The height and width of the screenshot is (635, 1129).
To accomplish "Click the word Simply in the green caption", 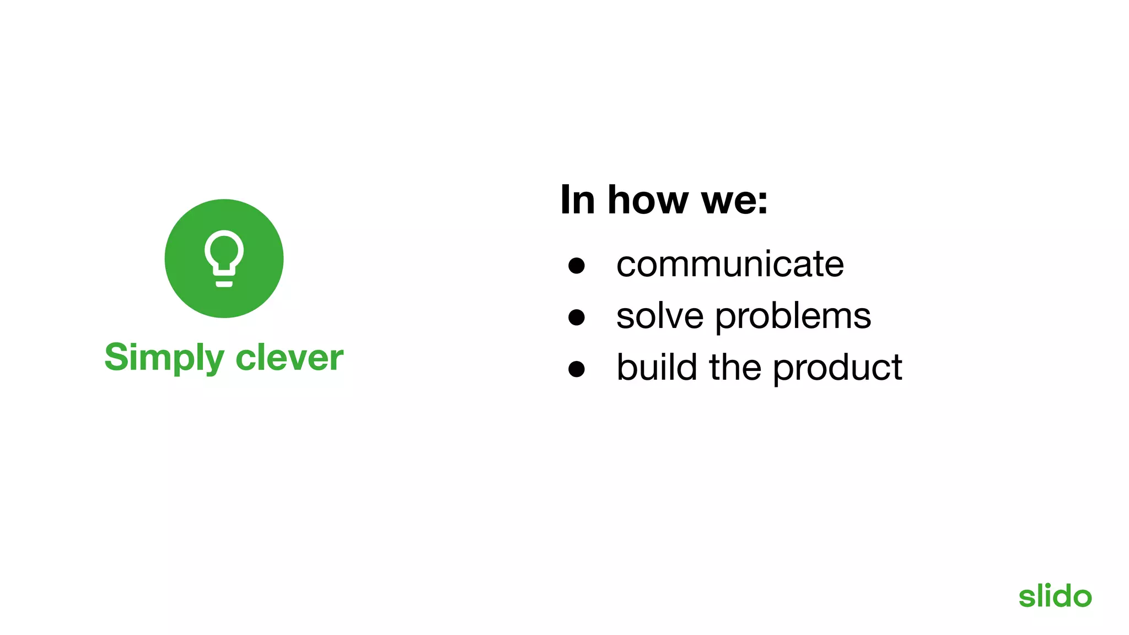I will [164, 358].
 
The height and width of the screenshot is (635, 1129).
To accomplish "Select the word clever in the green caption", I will [289, 358].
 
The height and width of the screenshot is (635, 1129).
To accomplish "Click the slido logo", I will [1055, 596].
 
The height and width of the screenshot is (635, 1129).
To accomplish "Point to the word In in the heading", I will [577, 200].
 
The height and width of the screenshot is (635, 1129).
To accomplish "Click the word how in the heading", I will [648, 200].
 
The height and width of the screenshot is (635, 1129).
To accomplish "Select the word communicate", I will [730, 264].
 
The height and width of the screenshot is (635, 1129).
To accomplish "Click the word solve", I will [660, 316].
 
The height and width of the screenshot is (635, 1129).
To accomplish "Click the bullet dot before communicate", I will [577, 266].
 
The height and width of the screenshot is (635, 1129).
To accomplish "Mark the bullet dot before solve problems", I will [577, 317].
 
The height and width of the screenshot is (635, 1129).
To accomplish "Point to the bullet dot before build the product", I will [577, 369].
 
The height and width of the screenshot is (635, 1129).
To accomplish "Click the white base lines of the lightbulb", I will [224, 284].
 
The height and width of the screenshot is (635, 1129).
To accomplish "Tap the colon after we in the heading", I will [762, 202].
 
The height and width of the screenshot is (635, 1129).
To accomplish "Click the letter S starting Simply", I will [116, 357].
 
